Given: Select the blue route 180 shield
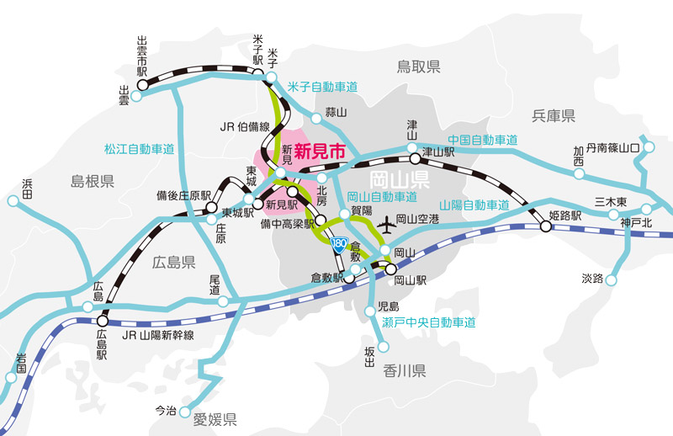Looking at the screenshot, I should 339,245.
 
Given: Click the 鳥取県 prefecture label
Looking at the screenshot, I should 419,67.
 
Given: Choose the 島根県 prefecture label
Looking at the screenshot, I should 92,181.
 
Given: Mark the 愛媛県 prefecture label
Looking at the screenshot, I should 215,418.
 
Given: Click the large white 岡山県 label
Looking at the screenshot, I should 400,178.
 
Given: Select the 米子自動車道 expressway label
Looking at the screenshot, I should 322,87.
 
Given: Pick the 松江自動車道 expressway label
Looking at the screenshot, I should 139,149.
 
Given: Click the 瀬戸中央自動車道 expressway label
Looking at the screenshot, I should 428,322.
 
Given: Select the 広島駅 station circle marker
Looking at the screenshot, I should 103,320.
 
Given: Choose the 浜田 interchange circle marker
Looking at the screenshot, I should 13,201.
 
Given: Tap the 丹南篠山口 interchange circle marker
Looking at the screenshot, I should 646,148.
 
